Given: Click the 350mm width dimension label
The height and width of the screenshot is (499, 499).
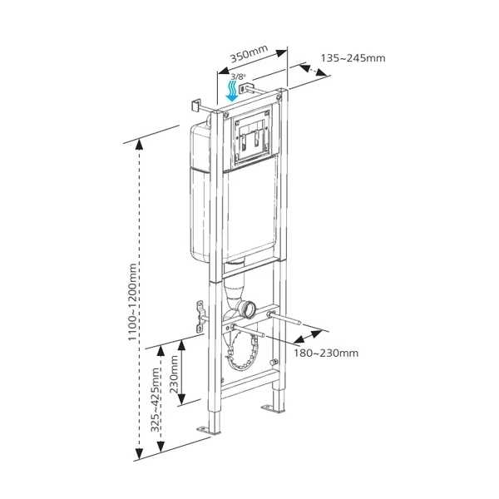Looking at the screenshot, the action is click(x=249, y=54).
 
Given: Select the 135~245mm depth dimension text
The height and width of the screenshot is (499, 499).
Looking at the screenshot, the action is click(x=353, y=58).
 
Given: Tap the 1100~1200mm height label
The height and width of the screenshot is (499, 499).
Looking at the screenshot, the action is click(x=132, y=302).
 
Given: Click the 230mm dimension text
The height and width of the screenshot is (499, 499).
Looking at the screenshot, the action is click(x=174, y=374).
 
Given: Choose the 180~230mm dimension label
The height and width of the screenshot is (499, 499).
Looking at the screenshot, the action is click(x=326, y=353).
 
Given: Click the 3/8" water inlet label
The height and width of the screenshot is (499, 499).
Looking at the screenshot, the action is click(x=239, y=77).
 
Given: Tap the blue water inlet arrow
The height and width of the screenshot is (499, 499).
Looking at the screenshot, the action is click(x=233, y=91).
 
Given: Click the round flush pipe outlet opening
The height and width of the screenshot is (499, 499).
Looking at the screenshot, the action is click(x=249, y=309).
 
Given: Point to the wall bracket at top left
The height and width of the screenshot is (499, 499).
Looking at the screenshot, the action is click(x=195, y=106).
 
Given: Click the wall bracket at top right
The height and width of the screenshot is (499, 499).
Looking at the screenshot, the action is click(x=246, y=87).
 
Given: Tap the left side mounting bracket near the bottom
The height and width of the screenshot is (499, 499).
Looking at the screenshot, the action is click(x=200, y=317).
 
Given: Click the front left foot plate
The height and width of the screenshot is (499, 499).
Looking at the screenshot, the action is click(x=208, y=430).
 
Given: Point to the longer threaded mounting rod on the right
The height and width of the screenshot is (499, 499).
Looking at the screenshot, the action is click(x=284, y=319).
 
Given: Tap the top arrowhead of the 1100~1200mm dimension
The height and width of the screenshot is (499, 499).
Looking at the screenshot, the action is click(x=139, y=145).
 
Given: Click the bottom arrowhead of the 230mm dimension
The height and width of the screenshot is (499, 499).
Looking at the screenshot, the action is click(x=181, y=399).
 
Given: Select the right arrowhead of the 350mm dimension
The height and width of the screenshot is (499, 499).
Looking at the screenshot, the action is click(x=281, y=53).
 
